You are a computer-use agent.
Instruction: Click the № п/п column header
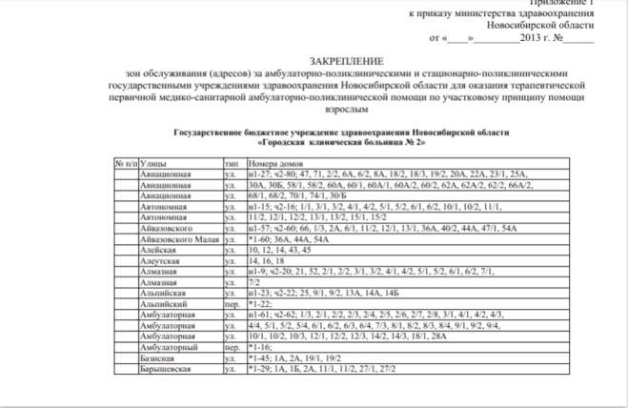coord(126,166)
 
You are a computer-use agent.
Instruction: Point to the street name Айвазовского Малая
coord(179,238)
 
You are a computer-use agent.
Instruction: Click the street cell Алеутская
coord(158,258)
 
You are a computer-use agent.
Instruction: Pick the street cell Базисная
coord(157,358)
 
